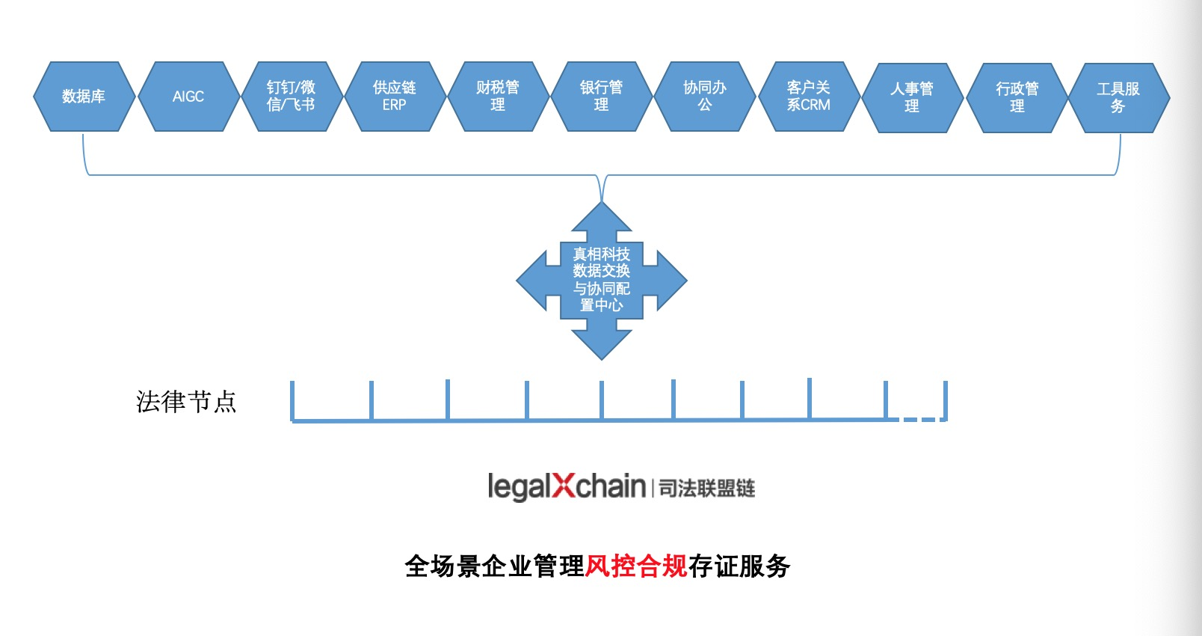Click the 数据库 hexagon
[84, 97]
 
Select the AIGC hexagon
[188, 97]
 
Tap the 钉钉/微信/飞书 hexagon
[292, 97]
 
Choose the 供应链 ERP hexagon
[395, 97]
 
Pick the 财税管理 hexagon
[498, 97]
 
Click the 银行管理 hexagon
[601, 97]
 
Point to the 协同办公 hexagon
[705, 97]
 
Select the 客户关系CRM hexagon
[809, 97]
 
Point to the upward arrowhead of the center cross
[602, 218]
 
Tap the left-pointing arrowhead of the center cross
[534, 281]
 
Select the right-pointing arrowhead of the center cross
[670, 281]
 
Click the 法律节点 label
[186, 402]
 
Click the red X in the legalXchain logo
[564, 486]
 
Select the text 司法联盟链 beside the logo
[707, 489]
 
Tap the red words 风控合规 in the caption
[636, 566]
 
